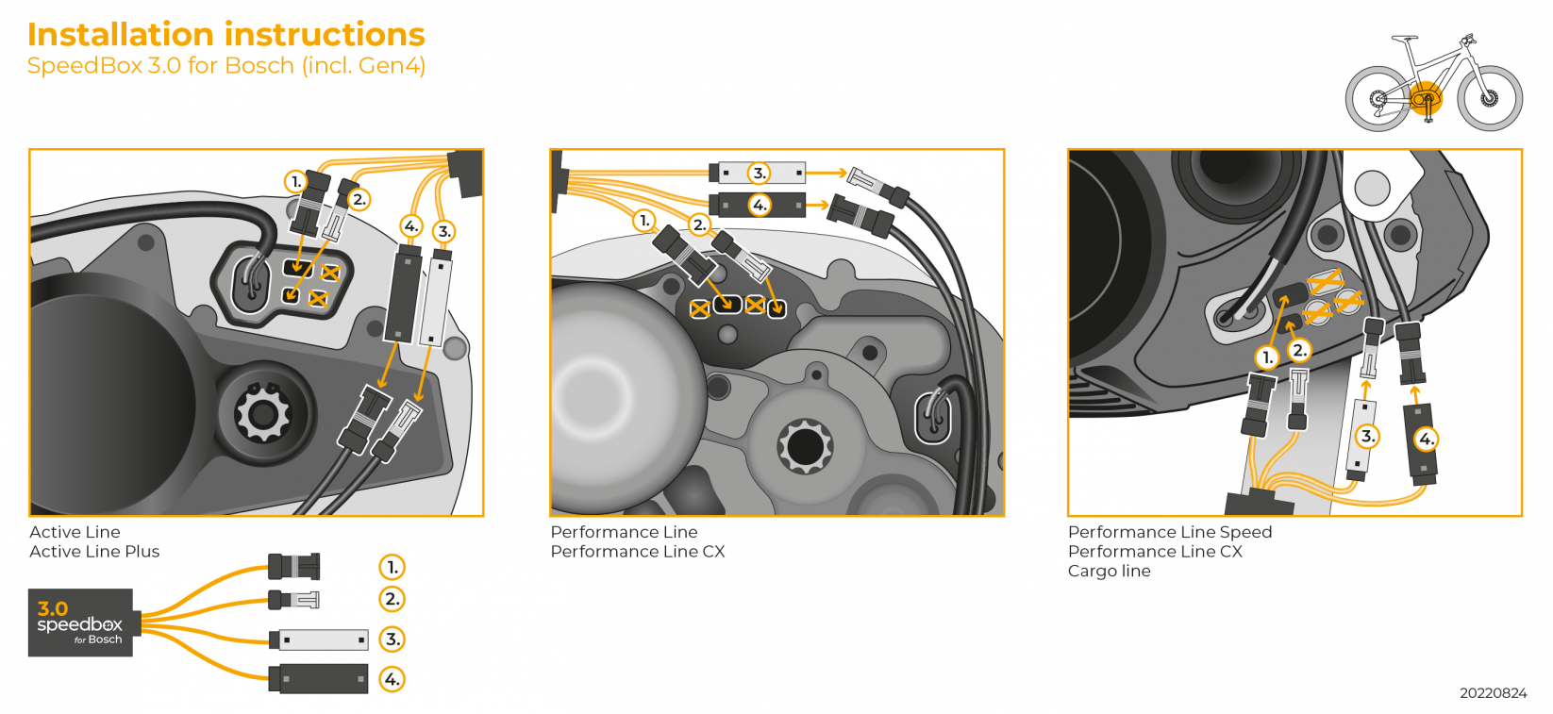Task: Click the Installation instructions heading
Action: click(225, 34)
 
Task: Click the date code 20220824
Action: click(1493, 693)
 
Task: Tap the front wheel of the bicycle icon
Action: click(1490, 98)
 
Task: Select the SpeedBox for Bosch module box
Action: click(80, 623)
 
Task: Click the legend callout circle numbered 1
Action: click(392, 567)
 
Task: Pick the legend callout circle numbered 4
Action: click(392, 679)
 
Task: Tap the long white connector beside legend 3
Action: click(323, 639)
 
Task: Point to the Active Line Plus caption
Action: click(94, 552)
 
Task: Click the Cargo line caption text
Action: click(1109, 572)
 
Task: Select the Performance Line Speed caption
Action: click(1169, 532)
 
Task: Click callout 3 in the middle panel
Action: click(760, 173)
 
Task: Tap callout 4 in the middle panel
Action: click(760, 205)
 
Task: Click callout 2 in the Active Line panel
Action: click(359, 200)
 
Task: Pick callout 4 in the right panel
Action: click(1426, 439)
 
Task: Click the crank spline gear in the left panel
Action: click(262, 413)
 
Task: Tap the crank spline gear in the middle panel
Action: click(805, 446)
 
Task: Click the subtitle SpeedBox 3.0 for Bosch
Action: click(225, 66)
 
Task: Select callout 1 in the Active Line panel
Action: click(296, 181)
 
